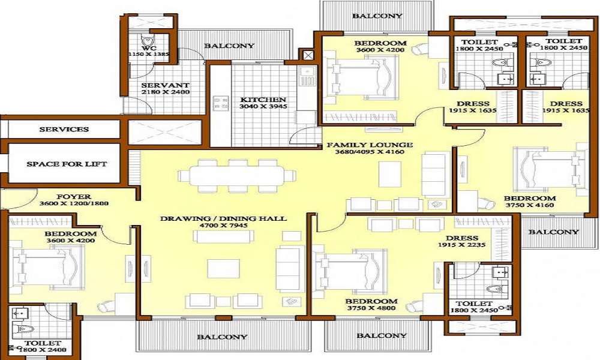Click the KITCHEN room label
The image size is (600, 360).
click(263, 100)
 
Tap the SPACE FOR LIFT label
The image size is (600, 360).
click(67, 164)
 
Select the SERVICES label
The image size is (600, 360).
click(64, 130)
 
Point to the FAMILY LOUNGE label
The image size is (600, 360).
click(370, 145)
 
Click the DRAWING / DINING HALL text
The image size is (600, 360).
click(223, 218)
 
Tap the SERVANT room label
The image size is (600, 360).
click(166, 85)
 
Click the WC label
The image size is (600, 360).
click(149, 48)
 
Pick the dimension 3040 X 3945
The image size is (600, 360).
click(263, 106)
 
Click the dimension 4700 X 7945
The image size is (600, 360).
click(223, 226)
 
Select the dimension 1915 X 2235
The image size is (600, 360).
click(462, 244)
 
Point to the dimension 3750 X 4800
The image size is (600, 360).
click(371, 308)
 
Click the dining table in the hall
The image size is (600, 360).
click(237, 176)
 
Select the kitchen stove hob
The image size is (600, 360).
click(220, 103)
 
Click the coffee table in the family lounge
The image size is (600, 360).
click(390, 174)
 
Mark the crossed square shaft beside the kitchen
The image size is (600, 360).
click(308, 55)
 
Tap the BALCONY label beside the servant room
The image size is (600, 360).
click(229, 46)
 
